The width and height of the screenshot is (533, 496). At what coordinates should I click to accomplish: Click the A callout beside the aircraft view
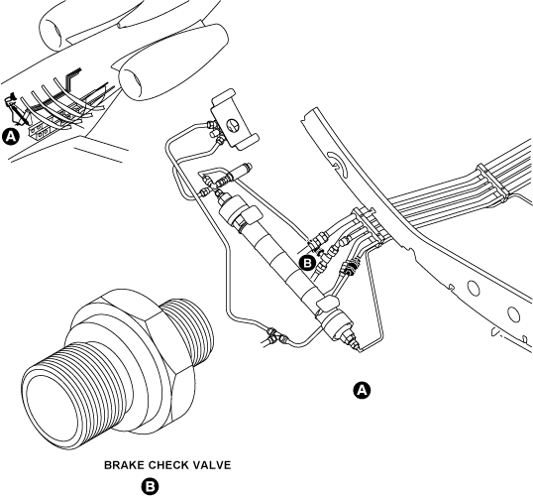(11, 137)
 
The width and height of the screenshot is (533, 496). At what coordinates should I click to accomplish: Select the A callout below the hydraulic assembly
(362, 390)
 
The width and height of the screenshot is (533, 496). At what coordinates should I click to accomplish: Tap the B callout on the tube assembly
(307, 263)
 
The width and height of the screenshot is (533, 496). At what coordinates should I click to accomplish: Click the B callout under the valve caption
(150, 486)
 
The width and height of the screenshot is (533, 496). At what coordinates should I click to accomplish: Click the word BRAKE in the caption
(127, 463)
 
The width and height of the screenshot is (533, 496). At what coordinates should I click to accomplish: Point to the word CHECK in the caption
(173, 463)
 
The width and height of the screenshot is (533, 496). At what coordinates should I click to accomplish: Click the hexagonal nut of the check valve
(134, 342)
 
